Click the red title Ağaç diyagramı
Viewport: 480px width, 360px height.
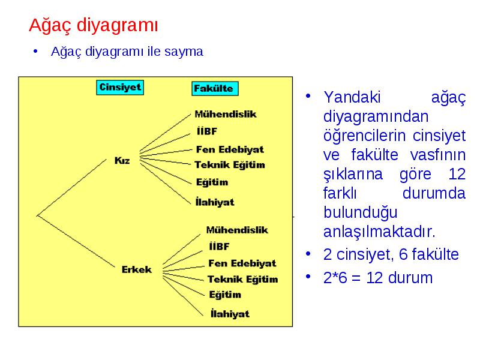point(94,25)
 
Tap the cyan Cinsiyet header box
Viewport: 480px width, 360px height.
point(120,88)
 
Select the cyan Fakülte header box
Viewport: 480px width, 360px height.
point(215,89)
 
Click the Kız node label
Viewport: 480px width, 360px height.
point(122,160)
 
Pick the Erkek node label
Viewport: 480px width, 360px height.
point(137,269)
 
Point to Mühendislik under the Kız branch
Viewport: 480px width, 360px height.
point(226,114)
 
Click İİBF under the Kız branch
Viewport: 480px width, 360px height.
point(207,131)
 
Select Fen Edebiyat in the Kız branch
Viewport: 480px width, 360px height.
point(230,149)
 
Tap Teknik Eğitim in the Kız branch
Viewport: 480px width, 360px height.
point(230,164)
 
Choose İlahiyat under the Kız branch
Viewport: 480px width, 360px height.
point(215,202)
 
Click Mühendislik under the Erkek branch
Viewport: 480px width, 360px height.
point(237,230)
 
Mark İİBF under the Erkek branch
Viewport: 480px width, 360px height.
point(219,246)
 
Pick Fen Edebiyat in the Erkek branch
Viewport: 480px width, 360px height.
point(242,263)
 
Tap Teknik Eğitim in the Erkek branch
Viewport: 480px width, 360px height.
point(243,279)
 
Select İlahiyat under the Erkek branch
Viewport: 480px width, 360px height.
point(230,313)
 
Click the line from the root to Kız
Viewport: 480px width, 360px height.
point(71,187)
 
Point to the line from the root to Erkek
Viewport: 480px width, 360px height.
point(76,241)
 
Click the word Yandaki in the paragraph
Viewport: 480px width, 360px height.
point(352,97)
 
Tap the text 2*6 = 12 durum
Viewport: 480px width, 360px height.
point(378,278)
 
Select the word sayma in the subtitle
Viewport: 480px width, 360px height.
point(184,52)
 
